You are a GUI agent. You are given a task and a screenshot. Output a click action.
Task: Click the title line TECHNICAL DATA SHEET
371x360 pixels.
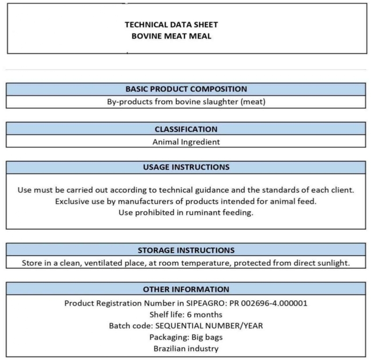171,24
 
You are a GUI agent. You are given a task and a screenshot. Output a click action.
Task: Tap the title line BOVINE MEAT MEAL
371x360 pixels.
171,36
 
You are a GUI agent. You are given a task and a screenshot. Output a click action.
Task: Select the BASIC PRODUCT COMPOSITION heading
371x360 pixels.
186,89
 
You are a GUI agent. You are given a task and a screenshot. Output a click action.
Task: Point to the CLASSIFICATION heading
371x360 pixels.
186,129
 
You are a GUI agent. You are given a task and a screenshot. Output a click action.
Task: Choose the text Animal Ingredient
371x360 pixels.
186,141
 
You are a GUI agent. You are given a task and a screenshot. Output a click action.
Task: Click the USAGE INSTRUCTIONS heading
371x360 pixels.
186,167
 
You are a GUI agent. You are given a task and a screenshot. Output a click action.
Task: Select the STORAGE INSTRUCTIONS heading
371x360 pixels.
186,250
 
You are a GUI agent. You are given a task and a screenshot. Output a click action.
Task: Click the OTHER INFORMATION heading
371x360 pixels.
186,290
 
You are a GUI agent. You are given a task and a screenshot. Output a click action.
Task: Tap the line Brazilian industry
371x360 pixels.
186,348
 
